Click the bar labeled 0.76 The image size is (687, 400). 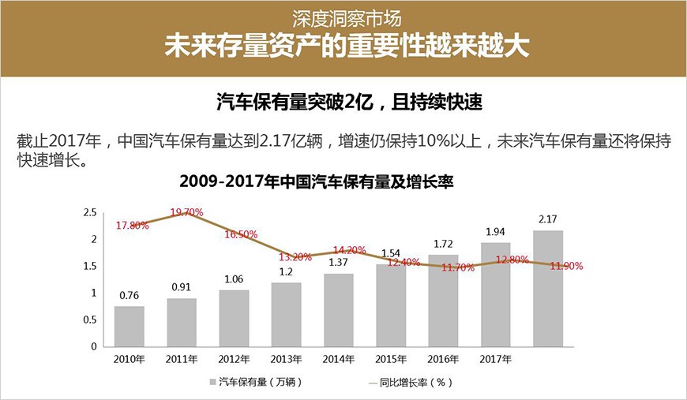(129, 326)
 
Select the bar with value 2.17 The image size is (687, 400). (548, 288)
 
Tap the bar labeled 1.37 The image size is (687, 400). (339, 309)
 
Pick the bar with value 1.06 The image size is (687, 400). (234, 318)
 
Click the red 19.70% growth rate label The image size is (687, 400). (187, 212)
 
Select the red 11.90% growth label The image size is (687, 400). (566, 266)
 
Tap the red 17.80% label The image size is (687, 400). (133, 226)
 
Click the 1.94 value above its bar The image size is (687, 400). (496, 231)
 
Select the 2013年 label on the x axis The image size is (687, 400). (286, 360)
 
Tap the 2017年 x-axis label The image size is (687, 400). (496, 360)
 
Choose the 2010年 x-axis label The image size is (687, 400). (129, 360)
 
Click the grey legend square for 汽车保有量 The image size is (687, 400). (212, 382)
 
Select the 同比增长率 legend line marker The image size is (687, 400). (376, 382)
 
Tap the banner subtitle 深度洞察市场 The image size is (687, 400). (343, 17)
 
